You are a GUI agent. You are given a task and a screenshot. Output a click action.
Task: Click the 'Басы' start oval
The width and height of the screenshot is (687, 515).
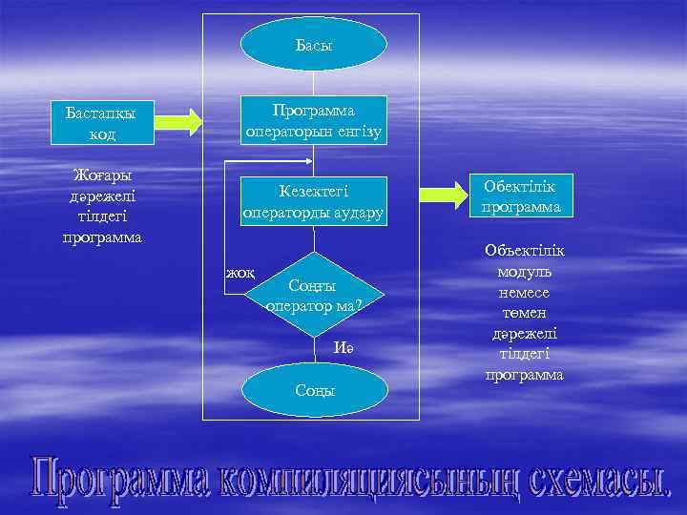coord(314,44)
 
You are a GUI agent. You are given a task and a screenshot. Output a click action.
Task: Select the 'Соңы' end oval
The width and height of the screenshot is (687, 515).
coord(314,391)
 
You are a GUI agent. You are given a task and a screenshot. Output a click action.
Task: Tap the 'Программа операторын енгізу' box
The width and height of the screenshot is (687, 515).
coord(314,120)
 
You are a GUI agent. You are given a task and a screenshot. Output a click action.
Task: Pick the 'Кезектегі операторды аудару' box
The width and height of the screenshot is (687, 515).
coord(314,201)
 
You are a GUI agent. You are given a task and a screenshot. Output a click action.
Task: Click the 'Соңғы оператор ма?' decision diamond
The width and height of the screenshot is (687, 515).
coord(314,294)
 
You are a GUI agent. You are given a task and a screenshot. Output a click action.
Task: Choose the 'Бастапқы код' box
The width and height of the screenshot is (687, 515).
coord(101,124)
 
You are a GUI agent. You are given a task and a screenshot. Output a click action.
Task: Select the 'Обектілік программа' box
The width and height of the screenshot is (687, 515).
coord(521,195)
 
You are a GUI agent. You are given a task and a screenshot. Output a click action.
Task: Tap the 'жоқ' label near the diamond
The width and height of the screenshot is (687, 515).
coord(239,273)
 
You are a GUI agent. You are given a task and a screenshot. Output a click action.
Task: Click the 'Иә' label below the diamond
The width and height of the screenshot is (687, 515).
coord(343,348)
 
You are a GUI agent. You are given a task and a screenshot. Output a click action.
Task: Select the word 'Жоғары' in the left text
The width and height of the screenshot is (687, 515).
coord(102,175)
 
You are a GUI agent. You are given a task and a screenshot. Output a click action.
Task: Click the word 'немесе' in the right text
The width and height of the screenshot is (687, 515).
coord(524,292)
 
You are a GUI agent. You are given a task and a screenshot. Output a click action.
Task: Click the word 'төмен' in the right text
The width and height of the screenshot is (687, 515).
coord(524,313)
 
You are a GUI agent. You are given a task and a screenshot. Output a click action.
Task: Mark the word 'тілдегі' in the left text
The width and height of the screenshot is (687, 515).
coord(102,216)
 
